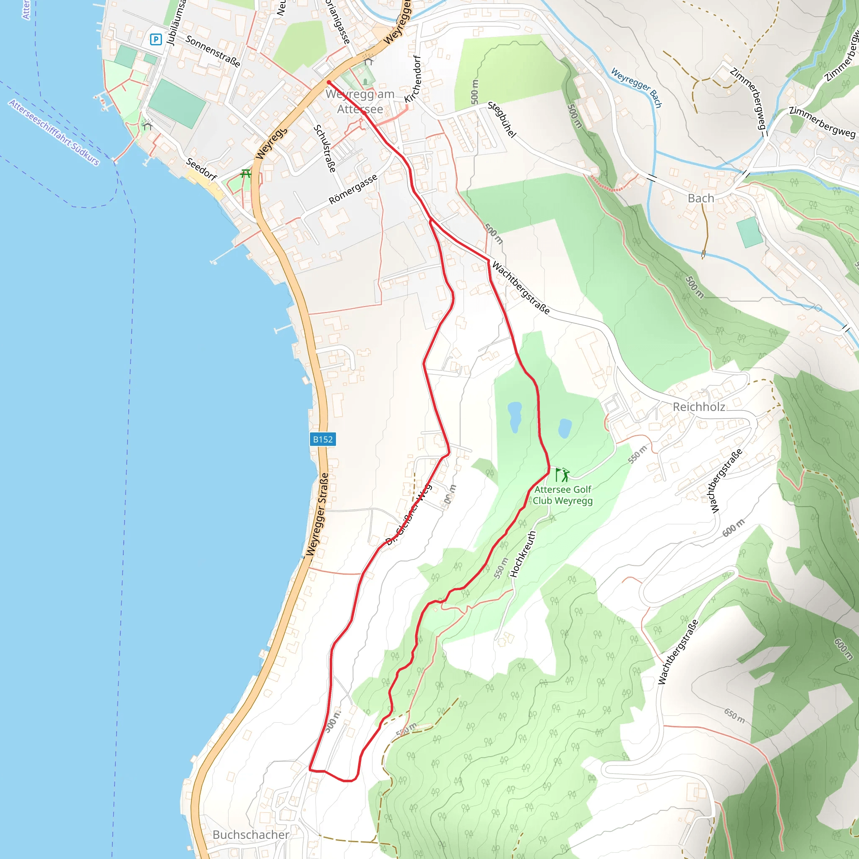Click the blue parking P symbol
coord(156,39)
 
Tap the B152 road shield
coord(323,439)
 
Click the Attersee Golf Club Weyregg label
coord(562,495)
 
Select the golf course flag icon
coord(562,475)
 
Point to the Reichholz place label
coord(698,407)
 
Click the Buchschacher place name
coord(251,835)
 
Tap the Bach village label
coord(701,198)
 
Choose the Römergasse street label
coord(353,189)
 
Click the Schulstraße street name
coord(325,148)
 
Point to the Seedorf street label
coord(201,169)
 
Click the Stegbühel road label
coord(502,119)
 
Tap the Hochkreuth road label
coord(523,554)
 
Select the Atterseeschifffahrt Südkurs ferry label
coord(54,133)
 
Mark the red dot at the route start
coord(328,82)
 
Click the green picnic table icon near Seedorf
coord(245,173)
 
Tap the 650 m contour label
coord(734,716)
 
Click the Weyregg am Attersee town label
coord(360,102)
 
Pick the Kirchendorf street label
coord(413,79)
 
